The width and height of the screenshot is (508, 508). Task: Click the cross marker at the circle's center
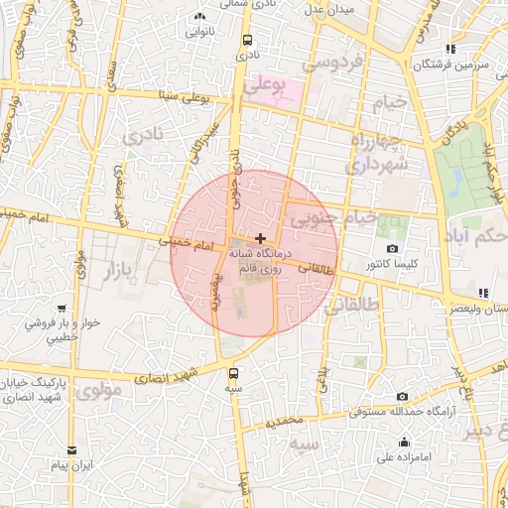pos(260,238)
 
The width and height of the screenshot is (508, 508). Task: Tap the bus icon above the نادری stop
pos(247,41)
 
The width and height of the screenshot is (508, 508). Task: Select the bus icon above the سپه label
pos(234,374)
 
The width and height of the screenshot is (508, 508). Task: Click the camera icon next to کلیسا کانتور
pos(392,248)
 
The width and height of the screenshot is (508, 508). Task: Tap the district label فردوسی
pos(333,63)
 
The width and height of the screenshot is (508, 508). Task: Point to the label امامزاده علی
pos(402,458)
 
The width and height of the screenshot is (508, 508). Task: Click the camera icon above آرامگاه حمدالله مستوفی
pos(402,397)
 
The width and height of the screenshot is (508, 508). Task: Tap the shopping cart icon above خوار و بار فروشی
pos(62,309)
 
